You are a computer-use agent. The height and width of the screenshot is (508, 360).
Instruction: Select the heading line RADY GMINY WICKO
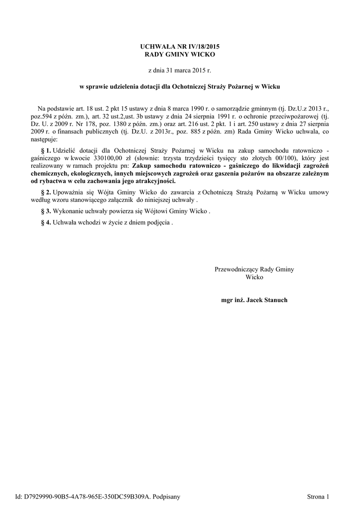tap(180, 54)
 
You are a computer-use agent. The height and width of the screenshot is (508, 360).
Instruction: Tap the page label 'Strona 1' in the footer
tap(318, 496)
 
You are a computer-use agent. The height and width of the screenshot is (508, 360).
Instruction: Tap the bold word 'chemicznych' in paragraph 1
tap(49, 174)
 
